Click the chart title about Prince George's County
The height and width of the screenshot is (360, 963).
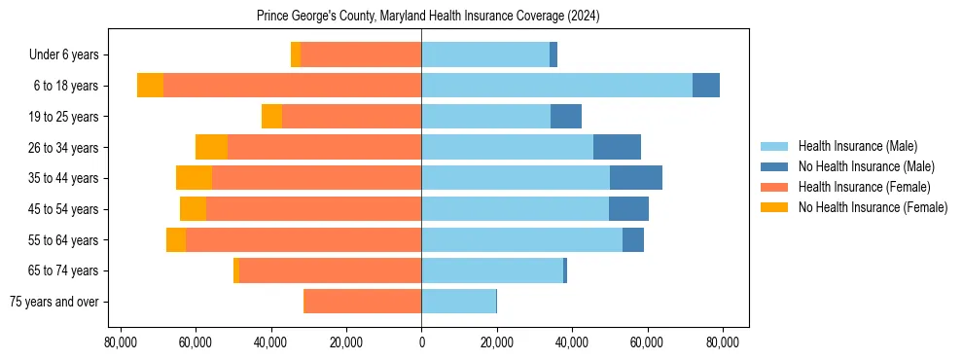tap(429, 17)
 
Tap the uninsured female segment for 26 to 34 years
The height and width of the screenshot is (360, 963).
tap(211, 147)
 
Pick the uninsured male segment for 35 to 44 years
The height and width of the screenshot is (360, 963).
tap(636, 178)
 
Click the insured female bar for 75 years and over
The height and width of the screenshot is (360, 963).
tap(362, 302)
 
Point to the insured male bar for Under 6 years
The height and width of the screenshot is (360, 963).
tap(485, 54)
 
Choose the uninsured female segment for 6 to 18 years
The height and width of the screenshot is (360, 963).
tap(150, 86)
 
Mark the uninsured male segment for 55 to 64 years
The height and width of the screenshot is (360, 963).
tap(633, 239)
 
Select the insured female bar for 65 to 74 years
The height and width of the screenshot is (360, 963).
tap(330, 270)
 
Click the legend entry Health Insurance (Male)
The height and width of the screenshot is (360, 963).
tap(857, 147)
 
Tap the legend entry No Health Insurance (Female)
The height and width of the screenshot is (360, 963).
tap(873, 207)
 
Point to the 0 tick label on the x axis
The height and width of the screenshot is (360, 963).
tap(421, 342)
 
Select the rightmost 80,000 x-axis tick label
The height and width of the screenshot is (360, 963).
tap(723, 342)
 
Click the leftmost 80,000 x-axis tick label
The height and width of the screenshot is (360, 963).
tap(120, 342)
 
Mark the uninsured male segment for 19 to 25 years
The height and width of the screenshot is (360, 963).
tap(566, 117)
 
